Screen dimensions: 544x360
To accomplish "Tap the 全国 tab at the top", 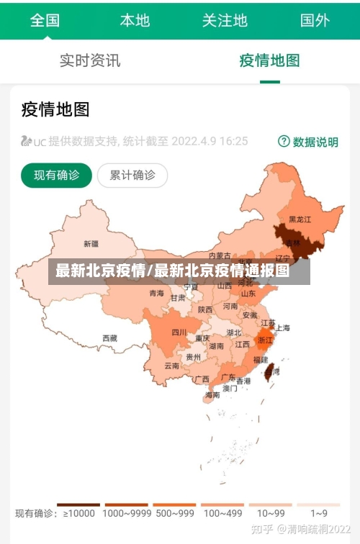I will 45,19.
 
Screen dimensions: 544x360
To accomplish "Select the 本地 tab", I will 135,19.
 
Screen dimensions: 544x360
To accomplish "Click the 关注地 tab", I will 225,19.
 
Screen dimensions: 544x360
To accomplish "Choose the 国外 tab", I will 315,19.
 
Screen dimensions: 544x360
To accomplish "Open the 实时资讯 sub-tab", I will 90,60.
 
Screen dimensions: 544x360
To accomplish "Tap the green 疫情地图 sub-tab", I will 269,60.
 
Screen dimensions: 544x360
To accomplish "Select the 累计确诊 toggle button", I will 132,175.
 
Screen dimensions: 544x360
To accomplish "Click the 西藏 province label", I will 109,337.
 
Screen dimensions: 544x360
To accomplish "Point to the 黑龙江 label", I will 300,219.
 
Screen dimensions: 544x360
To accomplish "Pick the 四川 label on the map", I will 179,332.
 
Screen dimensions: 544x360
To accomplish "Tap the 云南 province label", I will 171,366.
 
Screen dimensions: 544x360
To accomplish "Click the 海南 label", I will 212,395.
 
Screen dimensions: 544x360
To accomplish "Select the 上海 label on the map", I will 283,327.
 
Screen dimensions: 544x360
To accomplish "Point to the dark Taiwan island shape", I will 269,371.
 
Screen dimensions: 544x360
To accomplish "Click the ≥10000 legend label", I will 79,514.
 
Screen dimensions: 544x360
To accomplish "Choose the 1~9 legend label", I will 319,514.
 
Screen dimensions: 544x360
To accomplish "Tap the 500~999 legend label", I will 174,514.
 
